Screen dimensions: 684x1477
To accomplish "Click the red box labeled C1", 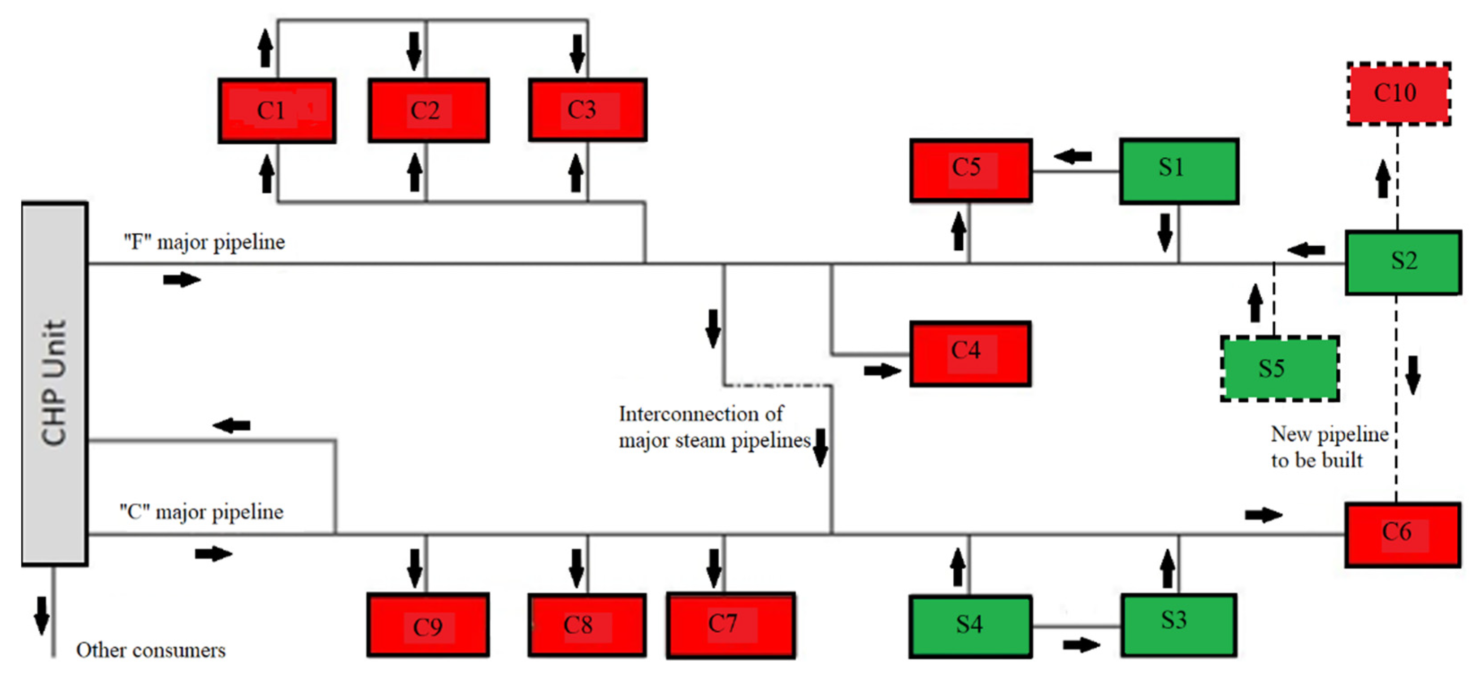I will [x=277, y=111].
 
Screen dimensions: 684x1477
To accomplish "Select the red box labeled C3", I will [x=588, y=110].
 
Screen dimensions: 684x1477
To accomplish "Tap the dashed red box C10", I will [x=1399, y=93].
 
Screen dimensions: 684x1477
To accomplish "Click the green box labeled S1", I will [x=1179, y=171].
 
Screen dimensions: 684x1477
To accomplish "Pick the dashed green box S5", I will [x=1280, y=369].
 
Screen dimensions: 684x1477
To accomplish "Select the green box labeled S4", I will [x=970, y=626].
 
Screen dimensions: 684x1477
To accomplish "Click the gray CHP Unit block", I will [x=54, y=383].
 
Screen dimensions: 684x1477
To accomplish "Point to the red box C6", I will [x=1403, y=534].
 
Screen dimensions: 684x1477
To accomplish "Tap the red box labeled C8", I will [x=587, y=625].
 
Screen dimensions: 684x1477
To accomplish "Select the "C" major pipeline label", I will [x=201, y=511].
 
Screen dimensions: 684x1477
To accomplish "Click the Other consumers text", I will [x=151, y=650].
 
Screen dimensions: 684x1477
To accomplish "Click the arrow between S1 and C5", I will [x=1073, y=156].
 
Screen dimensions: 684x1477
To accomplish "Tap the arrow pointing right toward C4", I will [x=882, y=371].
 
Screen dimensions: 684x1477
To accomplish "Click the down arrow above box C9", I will [x=415, y=568].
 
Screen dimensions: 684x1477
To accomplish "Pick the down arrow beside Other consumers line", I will [x=41, y=615].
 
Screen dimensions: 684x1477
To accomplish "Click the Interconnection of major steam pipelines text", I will [x=714, y=427].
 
